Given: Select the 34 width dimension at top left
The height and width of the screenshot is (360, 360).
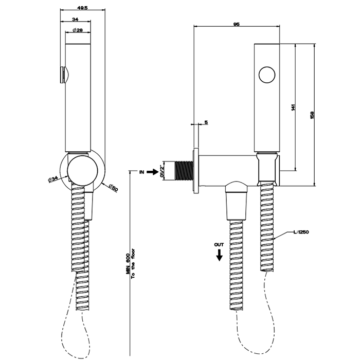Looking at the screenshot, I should [x=76, y=19].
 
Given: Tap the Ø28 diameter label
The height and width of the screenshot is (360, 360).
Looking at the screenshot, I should [x=78, y=30].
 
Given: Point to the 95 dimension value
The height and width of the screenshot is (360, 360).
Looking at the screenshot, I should [x=237, y=23].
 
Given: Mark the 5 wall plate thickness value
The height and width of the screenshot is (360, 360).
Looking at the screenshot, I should [x=206, y=122].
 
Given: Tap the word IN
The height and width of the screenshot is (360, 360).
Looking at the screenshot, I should [x=140, y=172].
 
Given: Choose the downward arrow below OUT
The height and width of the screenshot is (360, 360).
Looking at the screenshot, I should [x=220, y=254].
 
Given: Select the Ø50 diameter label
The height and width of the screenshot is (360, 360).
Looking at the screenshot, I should [x=113, y=188].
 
